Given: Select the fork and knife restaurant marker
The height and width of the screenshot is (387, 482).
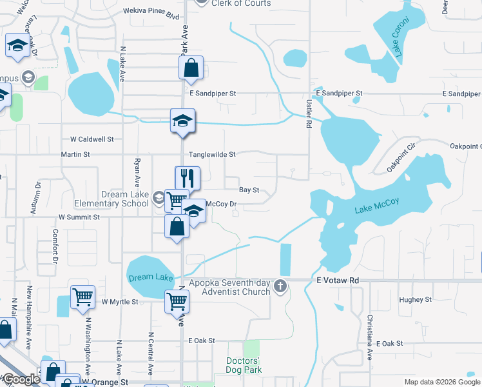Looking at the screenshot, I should pyautogui.click(x=188, y=177).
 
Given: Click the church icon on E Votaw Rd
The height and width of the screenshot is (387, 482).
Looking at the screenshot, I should pyautogui.click(x=280, y=285).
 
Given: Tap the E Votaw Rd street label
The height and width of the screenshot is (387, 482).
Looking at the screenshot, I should pyautogui.click(x=337, y=281).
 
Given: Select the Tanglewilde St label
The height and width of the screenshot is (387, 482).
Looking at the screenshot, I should pyautogui.click(x=213, y=155).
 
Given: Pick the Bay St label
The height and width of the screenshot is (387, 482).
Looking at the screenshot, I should pyautogui.click(x=249, y=190).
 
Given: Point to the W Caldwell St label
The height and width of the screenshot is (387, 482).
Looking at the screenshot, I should pyautogui.click(x=92, y=139).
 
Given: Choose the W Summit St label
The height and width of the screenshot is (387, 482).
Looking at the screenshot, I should pyautogui.click(x=79, y=218).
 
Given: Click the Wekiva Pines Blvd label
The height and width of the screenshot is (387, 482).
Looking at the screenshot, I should pyautogui.click(x=151, y=12).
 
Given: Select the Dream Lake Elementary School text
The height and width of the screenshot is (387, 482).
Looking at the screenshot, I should pyautogui.click(x=125, y=199).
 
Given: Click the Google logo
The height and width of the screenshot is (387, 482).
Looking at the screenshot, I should pyautogui.click(x=21, y=379).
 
